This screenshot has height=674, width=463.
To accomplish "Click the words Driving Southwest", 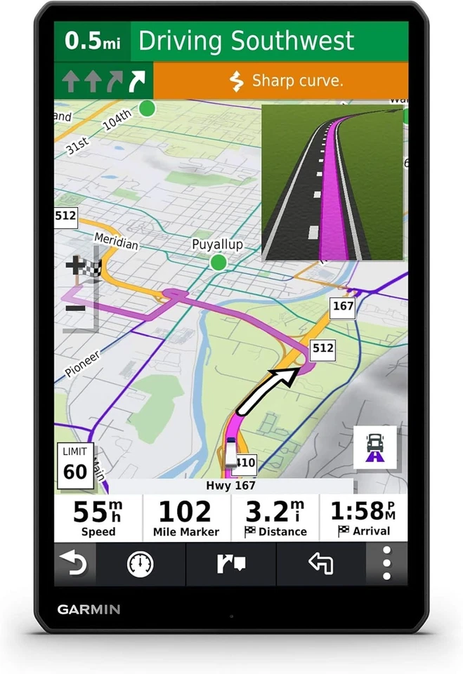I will pyautogui.click(x=246, y=41).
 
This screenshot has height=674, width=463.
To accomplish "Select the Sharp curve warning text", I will pyautogui.click(x=288, y=81).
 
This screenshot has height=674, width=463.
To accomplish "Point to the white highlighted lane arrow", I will pyautogui.click(x=138, y=81).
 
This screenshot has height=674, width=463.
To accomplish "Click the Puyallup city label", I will pyautogui.click(x=217, y=244).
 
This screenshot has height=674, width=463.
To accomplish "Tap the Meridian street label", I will pyautogui.click(x=116, y=241).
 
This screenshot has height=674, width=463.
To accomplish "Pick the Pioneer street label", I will pyautogui.click(x=83, y=363).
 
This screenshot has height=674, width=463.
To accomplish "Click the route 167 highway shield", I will pyautogui.click(x=343, y=306).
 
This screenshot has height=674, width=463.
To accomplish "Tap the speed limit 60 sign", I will pyautogui.click(x=74, y=464).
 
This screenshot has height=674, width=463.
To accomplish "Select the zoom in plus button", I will pyautogui.click(x=75, y=265).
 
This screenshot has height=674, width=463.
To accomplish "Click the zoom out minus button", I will pyautogui.click(x=75, y=308).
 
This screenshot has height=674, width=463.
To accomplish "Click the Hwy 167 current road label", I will pyautogui.click(x=231, y=485).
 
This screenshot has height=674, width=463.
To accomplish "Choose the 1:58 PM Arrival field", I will pyautogui.click(x=363, y=517).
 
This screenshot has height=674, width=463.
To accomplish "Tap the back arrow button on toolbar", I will pyautogui.click(x=74, y=563).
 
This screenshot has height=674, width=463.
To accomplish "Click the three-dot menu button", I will pyautogui.click(x=386, y=563).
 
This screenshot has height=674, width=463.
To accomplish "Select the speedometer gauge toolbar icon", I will pyautogui.click(x=141, y=563).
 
